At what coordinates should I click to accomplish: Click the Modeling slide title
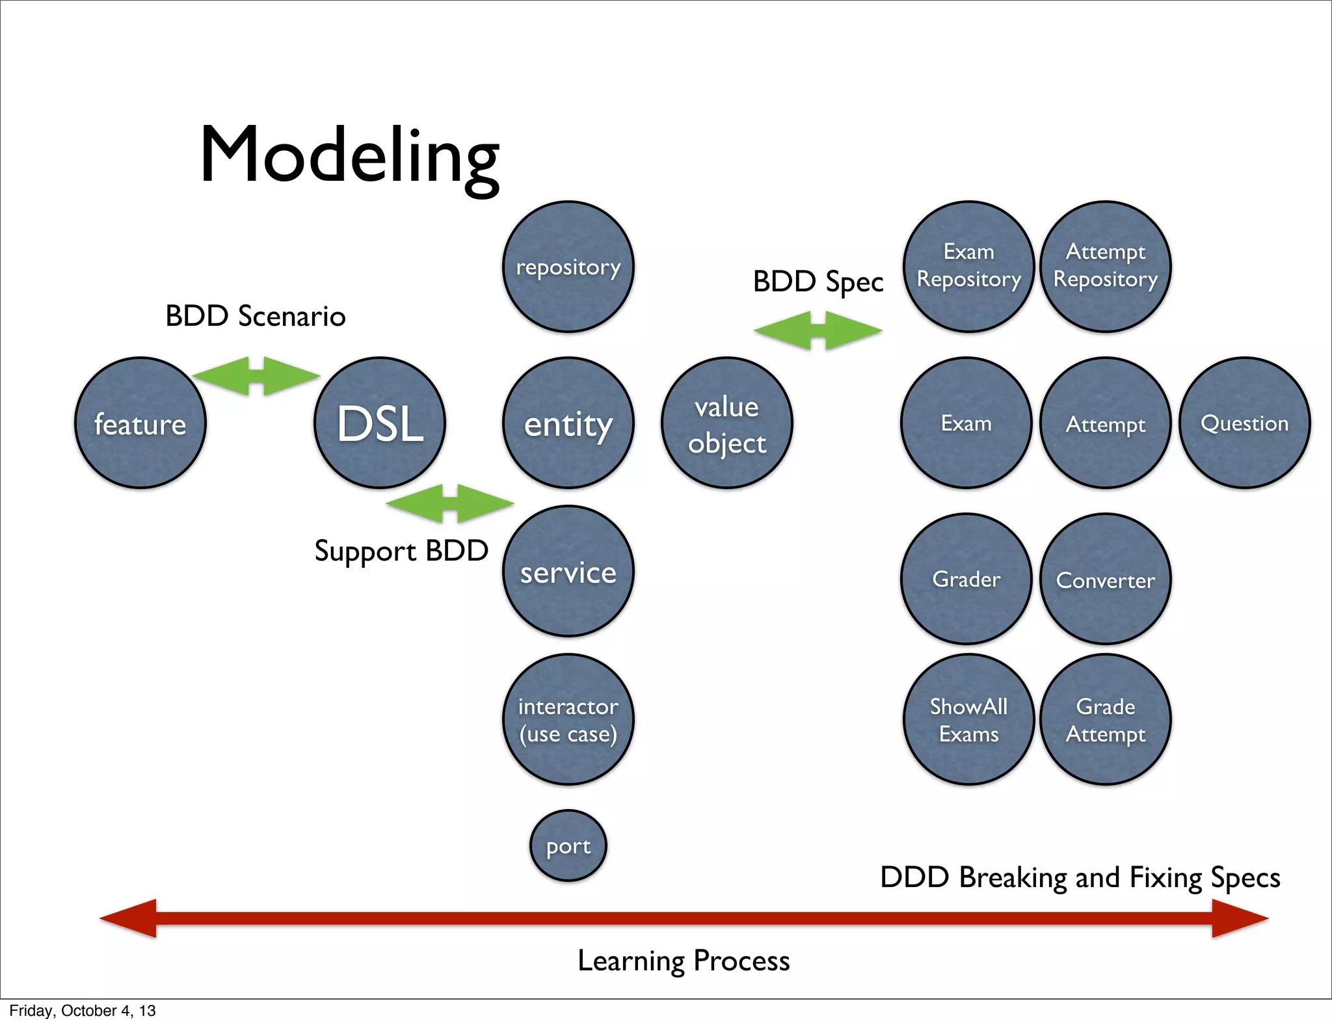click(350, 156)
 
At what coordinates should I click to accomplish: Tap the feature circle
click(140, 423)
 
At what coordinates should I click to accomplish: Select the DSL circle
click(380, 423)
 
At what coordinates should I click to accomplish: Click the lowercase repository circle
click(568, 267)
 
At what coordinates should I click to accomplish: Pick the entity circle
click(568, 423)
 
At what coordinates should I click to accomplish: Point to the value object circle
click(726, 423)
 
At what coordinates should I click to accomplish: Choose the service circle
click(568, 571)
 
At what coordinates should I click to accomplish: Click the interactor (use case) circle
click(568, 719)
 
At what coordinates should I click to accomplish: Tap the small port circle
click(568, 845)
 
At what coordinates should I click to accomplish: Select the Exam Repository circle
click(968, 267)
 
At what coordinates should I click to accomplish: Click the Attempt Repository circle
click(1106, 267)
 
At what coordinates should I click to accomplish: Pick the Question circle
click(1244, 423)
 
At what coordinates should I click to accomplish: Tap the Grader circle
click(966, 579)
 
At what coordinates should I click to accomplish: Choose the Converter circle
click(1106, 579)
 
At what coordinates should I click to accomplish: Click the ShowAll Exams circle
click(968, 719)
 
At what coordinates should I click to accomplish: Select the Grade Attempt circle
click(1106, 719)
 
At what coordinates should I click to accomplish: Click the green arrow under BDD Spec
click(818, 330)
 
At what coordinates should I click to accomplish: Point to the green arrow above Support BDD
click(449, 503)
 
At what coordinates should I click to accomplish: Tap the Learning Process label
click(684, 961)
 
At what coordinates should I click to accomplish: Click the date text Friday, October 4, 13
click(83, 1011)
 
